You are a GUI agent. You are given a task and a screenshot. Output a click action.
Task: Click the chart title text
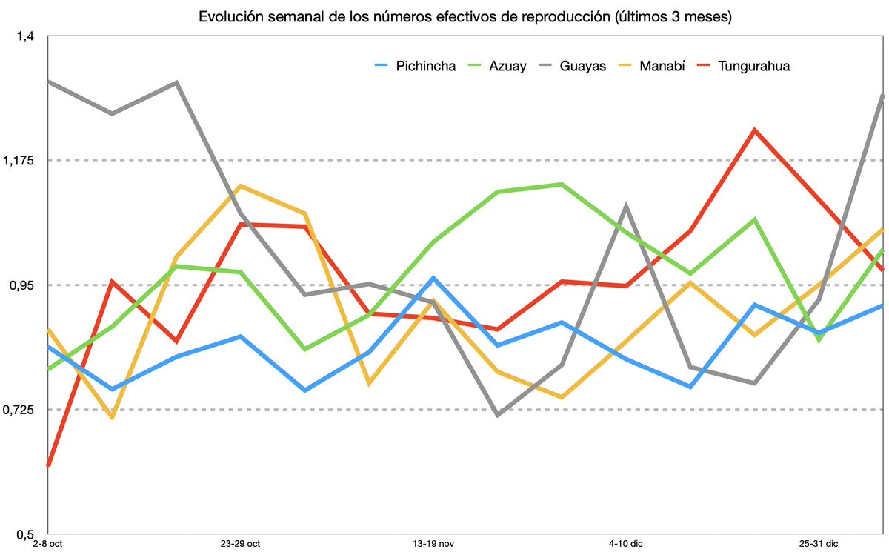(465, 16)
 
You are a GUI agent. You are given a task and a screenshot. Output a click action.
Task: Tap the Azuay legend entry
(507, 66)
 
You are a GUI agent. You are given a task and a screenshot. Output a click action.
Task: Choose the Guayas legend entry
(583, 66)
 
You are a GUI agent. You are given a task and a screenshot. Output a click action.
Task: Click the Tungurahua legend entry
(753, 66)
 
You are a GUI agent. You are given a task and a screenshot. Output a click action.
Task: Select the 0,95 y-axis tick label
(24, 285)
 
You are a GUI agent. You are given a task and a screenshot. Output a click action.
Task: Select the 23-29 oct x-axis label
(240, 545)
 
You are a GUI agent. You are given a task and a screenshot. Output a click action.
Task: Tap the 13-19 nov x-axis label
(433, 545)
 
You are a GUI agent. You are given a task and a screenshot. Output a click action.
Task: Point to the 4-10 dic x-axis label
(626, 545)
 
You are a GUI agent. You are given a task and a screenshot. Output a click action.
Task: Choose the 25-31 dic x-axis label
(818, 545)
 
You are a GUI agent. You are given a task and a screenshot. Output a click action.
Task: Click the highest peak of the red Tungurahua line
(754, 130)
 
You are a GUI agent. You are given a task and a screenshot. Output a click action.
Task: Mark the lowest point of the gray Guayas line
(497, 415)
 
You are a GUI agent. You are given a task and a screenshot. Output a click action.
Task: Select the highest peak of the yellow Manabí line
(240, 186)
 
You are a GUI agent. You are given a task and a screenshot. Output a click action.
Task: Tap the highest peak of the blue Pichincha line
(433, 278)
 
